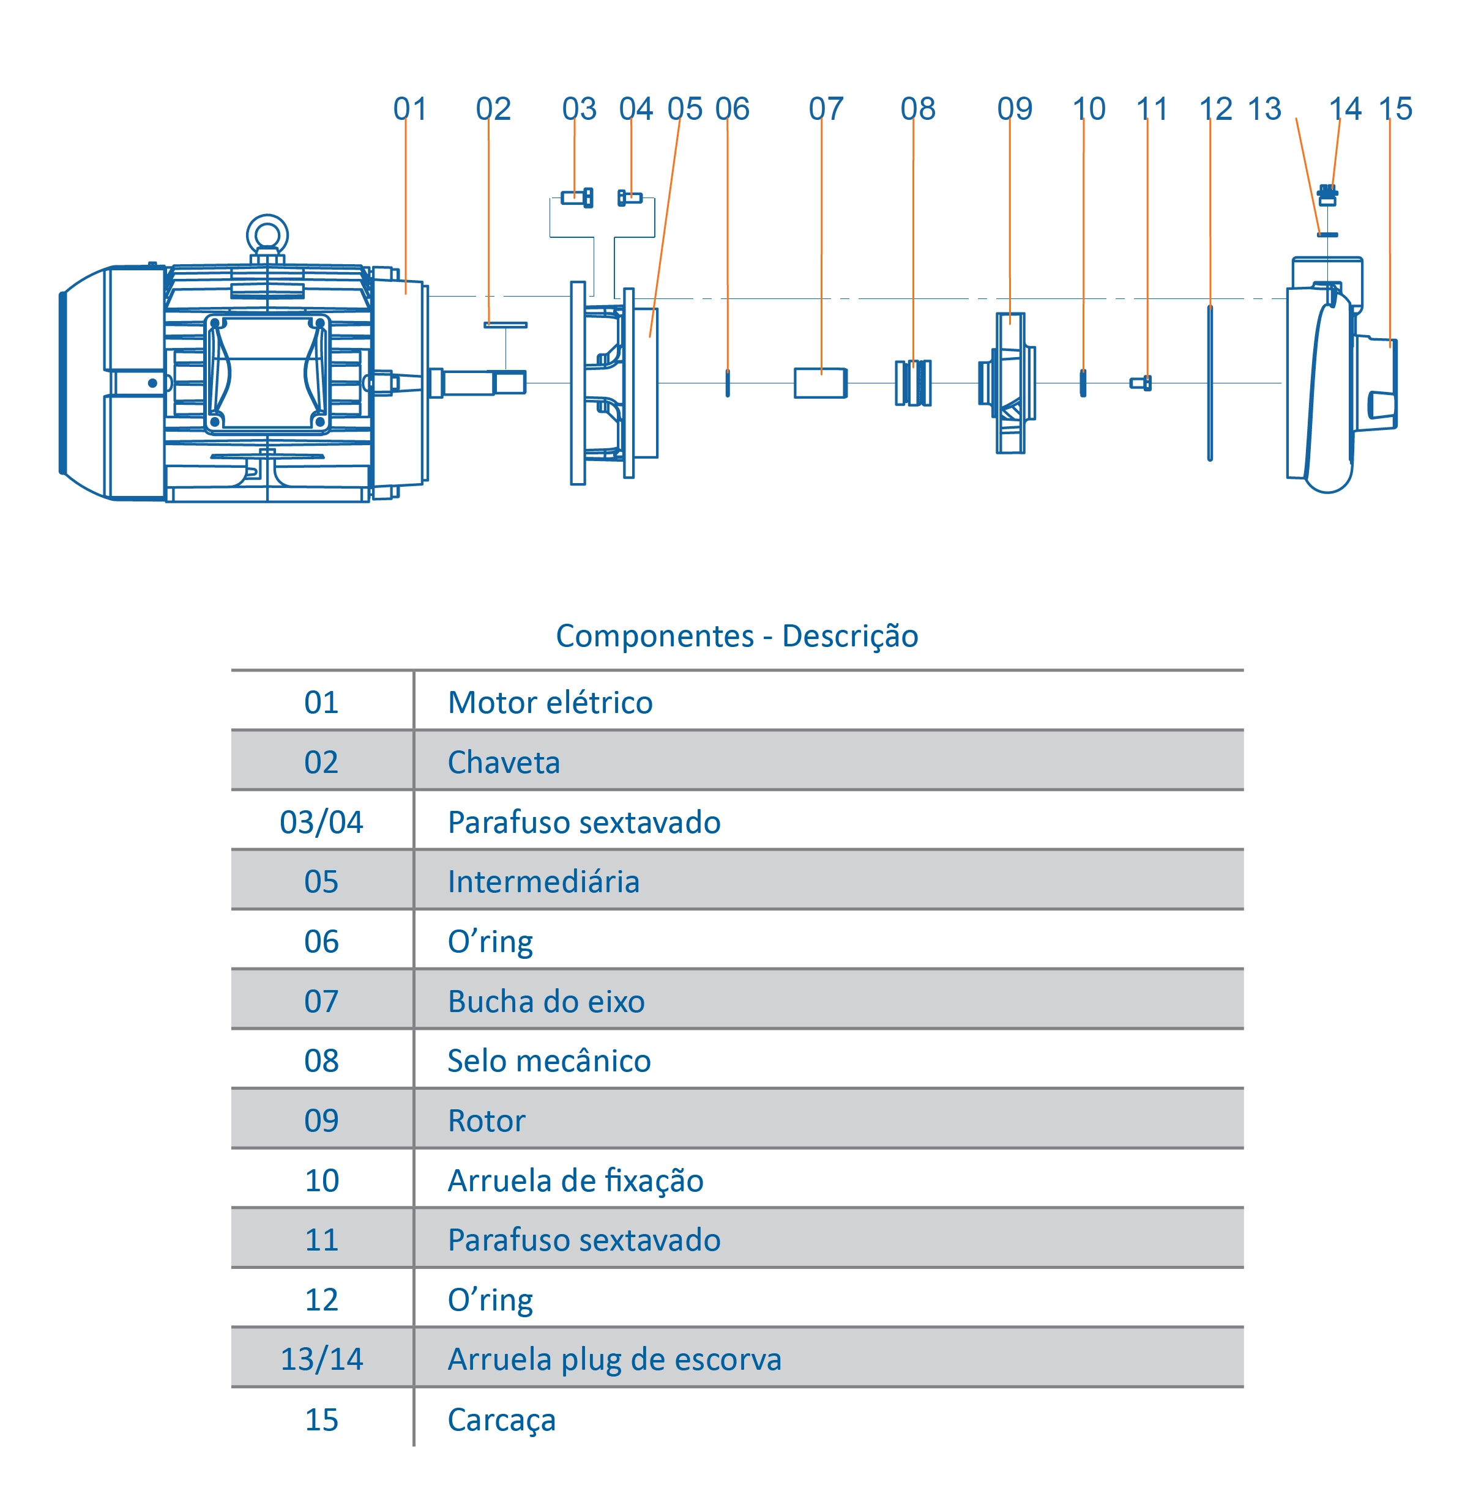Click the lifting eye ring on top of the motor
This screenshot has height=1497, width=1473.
267,234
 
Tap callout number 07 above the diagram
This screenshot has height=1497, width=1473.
826,109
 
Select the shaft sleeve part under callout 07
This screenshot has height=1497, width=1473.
820,383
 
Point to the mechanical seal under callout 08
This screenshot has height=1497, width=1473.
913,383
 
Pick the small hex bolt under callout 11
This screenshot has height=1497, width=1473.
1140,383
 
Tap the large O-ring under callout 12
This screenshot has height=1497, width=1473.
1210,383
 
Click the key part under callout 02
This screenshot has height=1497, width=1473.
505,325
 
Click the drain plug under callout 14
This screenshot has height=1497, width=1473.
1327,196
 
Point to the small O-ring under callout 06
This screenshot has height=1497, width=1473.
727,383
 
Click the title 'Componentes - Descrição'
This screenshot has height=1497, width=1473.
737,635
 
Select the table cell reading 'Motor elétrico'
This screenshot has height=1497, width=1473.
550,702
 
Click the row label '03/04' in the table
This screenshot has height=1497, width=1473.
321,822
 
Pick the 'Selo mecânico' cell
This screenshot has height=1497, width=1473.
550,1060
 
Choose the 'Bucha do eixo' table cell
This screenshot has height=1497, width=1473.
546,1001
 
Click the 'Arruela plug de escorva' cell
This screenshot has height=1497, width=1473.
614,1359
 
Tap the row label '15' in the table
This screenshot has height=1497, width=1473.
321,1419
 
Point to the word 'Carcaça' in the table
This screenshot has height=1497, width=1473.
501,1419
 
